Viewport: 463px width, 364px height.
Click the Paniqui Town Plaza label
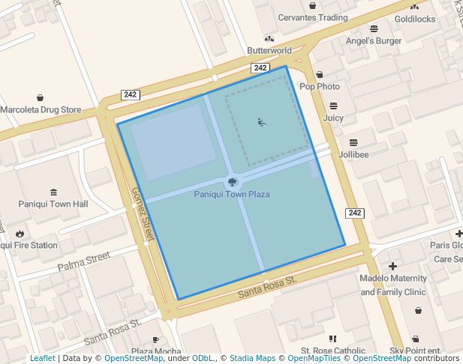click(x=232, y=195)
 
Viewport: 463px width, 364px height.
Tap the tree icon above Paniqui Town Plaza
click(x=233, y=181)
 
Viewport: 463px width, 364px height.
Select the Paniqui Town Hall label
click(x=54, y=204)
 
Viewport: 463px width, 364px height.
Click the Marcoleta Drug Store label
click(x=41, y=110)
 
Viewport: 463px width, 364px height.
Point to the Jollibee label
click(x=353, y=154)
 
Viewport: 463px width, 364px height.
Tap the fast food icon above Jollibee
click(x=353, y=142)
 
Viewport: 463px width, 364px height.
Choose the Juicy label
click(x=333, y=118)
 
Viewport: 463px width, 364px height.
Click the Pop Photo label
click(x=320, y=87)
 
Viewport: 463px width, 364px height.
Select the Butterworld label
click(x=269, y=51)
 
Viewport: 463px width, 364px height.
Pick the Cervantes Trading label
click(x=313, y=18)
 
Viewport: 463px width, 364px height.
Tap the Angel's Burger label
click(x=374, y=41)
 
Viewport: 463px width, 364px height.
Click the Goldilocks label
click(x=415, y=19)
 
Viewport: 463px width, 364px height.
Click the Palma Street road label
click(x=84, y=262)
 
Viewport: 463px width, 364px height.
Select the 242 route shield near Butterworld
click(x=260, y=68)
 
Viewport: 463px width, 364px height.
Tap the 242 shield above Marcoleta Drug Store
click(x=130, y=95)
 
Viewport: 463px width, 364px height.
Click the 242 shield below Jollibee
click(x=354, y=213)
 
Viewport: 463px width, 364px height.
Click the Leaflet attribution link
click(x=43, y=359)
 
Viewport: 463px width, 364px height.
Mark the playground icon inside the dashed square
click(x=262, y=122)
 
